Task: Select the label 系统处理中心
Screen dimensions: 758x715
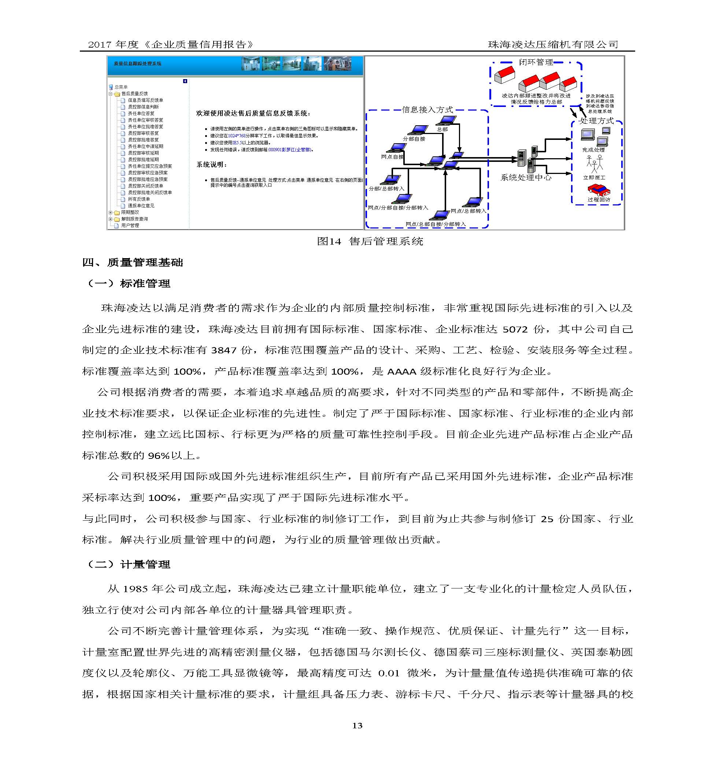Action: [526, 177]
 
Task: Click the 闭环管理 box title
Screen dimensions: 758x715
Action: [536, 62]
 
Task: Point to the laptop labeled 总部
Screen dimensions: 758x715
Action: [447, 121]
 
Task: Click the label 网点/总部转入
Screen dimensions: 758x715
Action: [468, 211]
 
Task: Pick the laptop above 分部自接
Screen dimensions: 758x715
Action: [418, 130]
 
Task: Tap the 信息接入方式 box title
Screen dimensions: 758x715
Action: [427, 110]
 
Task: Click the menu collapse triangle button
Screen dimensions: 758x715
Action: [185, 81]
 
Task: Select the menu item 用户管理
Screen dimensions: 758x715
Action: [130, 225]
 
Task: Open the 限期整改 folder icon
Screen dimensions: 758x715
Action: [117, 212]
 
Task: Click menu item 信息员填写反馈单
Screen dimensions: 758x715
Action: [145, 100]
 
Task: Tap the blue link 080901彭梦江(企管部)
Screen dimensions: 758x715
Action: [289, 150]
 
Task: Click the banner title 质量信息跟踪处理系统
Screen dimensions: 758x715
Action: [137, 64]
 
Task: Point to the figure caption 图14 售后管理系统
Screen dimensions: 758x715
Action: [370, 241]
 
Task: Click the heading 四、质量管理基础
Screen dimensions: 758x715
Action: [133, 262]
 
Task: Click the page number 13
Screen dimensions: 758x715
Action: [357, 725]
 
